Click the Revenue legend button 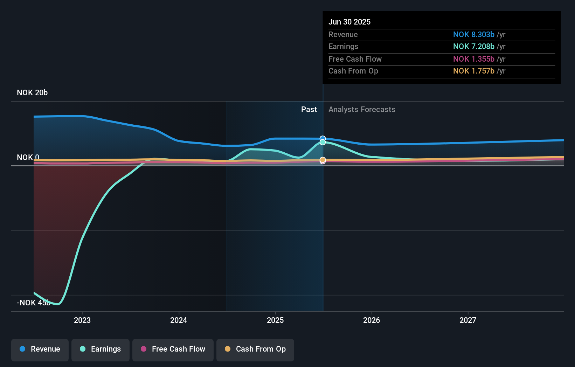pyautogui.click(x=40, y=349)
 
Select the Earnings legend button pyautogui.click(x=101, y=349)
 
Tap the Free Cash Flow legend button pyautogui.click(x=173, y=349)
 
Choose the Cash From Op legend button pyautogui.click(x=255, y=349)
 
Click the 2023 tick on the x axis pyautogui.click(x=82, y=320)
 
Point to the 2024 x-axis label pyautogui.click(x=179, y=320)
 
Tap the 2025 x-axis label pyautogui.click(x=275, y=320)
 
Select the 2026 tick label pyautogui.click(x=372, y=320)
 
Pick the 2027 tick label pyautogui.click(x=468, y=320)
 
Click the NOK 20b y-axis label pyautogui.click(x=32, y=93)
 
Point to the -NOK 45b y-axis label pyautogui.click(x=34, y=303)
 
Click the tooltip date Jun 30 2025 pyautogui.click(x=349, y=22)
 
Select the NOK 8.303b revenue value pyautogui.click(x=473, y=34)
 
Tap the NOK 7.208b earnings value pyautogui.click(x=473, y=46)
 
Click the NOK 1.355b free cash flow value pyautogui.click(x=473, y=59)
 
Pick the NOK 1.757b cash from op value pyautogui.click(x=473, y=71)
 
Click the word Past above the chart pyautogui.click(x=309, y=109)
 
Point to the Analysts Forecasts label pyautogui.click(x=362, y=109)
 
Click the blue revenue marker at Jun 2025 pyautogui.click(x=323, y=139)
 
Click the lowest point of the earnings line pyautogui.click(x=58, y=304)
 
